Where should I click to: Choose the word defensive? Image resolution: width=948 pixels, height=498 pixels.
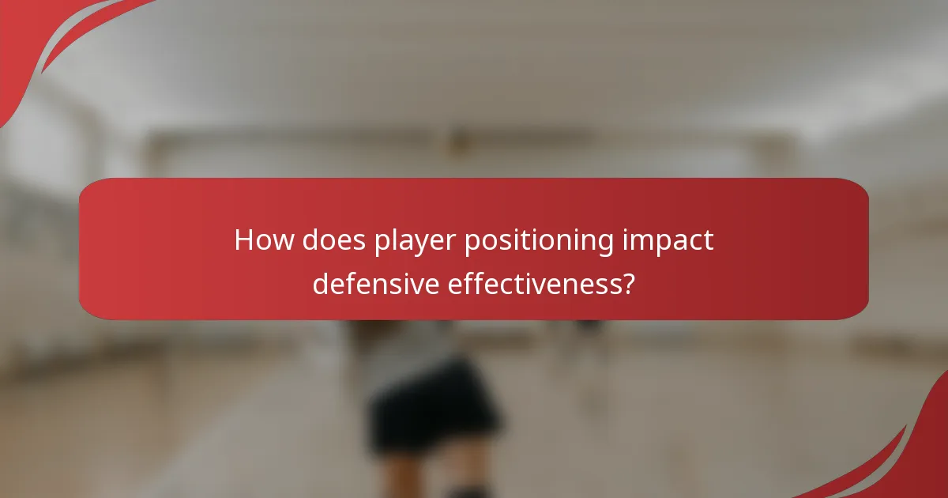376,282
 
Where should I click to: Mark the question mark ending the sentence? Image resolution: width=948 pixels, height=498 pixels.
627,282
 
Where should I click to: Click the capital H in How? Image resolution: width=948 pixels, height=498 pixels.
245,240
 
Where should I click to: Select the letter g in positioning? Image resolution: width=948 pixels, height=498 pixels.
604,245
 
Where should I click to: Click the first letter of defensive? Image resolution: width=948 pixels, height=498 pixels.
322,282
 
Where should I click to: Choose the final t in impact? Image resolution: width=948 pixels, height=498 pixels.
709,241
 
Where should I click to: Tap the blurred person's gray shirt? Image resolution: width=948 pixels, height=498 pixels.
411,348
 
